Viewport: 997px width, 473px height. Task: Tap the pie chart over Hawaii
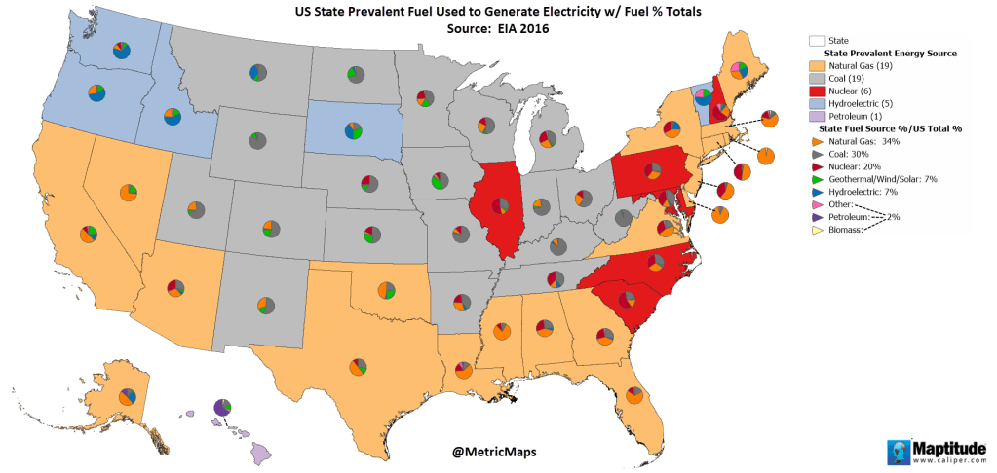(222, 406)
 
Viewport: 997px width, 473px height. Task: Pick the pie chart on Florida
(633, 396)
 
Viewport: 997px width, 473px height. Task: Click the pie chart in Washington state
(121, 51)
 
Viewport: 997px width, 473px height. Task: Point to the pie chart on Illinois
(500, 205)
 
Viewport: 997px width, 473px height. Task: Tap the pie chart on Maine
(739, 70)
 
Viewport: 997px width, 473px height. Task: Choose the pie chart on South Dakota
(352, 129)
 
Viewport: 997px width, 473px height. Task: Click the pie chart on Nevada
(128, 192)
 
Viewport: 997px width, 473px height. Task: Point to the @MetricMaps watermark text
(495, 452)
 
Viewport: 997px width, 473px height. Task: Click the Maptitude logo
(938, 452)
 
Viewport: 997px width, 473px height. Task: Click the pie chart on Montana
(255, 72)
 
